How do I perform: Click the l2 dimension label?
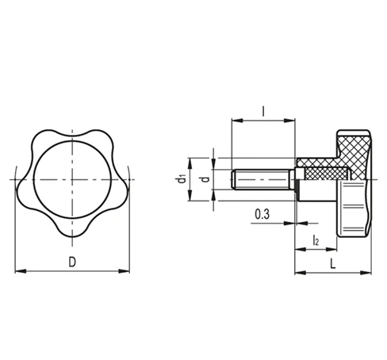[315, 239]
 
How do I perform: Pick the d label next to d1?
[205, 181]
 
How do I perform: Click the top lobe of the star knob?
[72, 128]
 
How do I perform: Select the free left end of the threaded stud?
[232, 181]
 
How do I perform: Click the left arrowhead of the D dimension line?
[19, 272]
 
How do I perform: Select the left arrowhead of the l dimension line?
[233, 121]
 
